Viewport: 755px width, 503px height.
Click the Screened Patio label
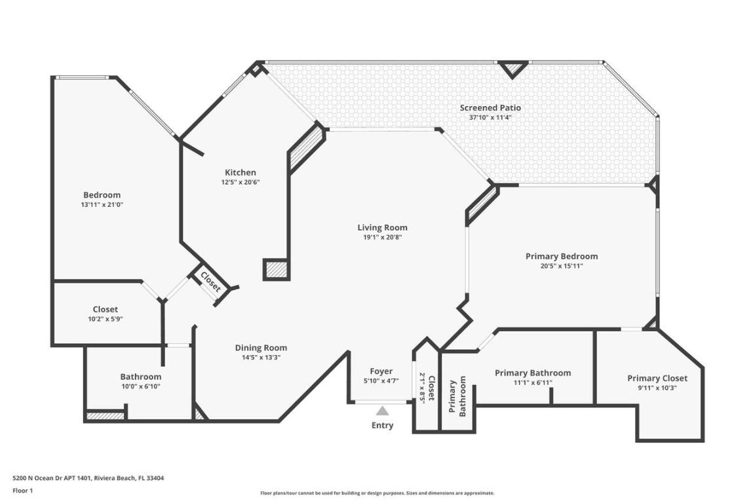490,107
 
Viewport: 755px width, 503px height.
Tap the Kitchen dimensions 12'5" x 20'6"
240,183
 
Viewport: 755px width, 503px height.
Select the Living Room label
382,227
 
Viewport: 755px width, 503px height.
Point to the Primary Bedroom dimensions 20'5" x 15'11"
561,266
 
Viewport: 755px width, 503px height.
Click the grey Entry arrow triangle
382,411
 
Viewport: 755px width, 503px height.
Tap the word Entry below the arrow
382,426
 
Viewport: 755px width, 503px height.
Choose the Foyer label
381,371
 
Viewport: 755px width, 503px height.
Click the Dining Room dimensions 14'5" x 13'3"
261,358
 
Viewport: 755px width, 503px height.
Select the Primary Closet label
657,378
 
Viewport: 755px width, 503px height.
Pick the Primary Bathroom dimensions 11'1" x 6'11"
532,382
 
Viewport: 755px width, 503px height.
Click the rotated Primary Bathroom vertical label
457,396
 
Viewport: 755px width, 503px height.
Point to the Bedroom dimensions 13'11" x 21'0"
102,204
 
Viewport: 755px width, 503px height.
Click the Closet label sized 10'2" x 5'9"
105,309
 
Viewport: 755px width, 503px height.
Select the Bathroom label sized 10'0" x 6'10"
140,377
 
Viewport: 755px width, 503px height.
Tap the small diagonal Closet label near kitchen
210,281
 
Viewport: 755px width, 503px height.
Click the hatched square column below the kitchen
276,269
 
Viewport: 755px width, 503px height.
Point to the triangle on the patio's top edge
513,68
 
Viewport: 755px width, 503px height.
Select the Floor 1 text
22,491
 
